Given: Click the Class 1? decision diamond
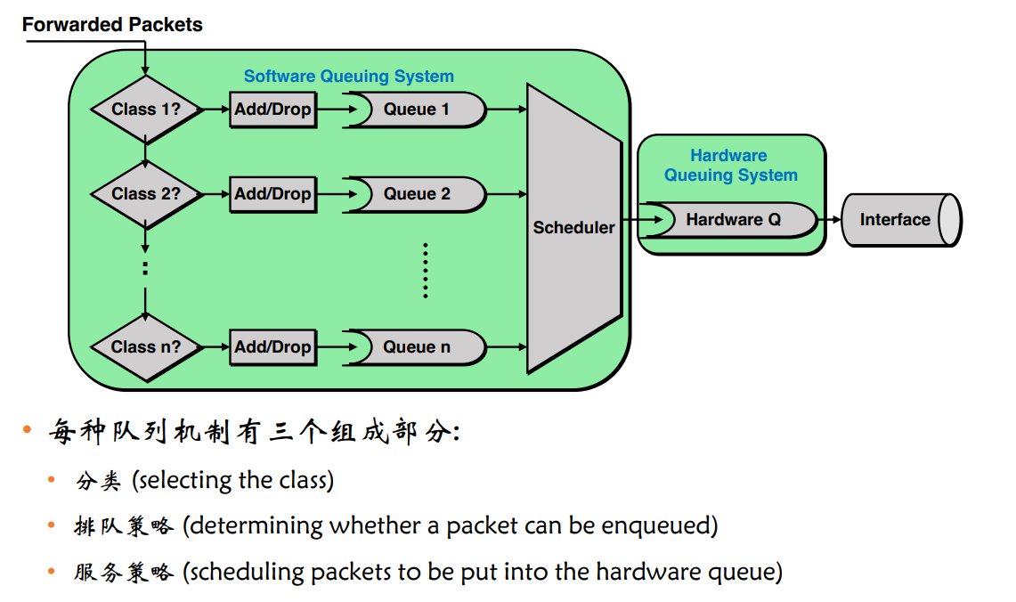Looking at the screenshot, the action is click(146, 109).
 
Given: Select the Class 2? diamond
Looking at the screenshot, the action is click(146, 194).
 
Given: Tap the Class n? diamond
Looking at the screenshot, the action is click(146, 347).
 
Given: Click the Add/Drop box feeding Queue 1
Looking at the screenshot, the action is click(272, 110).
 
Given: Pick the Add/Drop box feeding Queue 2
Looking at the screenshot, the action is click(272, 194).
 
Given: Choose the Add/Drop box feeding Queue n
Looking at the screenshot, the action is click(272, 347).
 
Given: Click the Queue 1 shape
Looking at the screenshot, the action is click(416, 110).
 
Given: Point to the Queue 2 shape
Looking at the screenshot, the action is click(416, 194).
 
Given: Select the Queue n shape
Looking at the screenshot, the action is click(416, 347).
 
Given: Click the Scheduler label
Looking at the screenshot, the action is click(573, 227).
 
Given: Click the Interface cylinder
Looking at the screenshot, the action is click(901, 220).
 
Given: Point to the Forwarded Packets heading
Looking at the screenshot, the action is click(112, 25).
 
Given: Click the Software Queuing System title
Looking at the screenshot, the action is click(348, 77).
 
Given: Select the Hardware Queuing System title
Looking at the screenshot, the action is click(730, 166).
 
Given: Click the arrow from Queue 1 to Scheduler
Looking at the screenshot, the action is click(507, 110).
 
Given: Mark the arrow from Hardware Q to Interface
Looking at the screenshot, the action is click(829, 220).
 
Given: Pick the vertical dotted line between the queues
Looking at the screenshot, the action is click(425, 270).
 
